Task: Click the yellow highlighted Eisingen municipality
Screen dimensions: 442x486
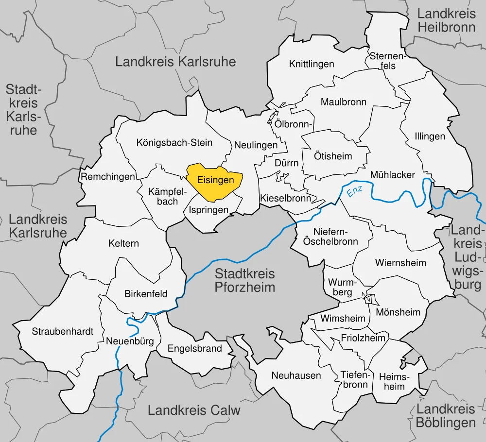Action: (215, 181)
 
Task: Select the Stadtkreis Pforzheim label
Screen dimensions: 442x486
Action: (245, 280)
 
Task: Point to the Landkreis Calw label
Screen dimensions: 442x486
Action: (194, 410)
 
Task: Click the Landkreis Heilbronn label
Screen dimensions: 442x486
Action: (446, 20)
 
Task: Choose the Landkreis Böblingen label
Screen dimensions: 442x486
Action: (446, 416)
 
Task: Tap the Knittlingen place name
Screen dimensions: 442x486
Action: (312, 64)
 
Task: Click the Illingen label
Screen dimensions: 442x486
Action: (430, 136)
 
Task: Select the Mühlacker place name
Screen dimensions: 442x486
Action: (392, 175)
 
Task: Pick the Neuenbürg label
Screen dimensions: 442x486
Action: (130, 341)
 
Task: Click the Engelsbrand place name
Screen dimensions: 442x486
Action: (194, 348)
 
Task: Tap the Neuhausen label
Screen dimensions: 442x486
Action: (296, 375)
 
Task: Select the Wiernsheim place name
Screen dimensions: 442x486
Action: (400, 263)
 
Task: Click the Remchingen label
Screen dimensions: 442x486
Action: (107, 177)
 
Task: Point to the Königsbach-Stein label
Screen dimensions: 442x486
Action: (174, 143)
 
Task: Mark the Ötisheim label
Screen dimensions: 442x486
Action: (333, 156)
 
